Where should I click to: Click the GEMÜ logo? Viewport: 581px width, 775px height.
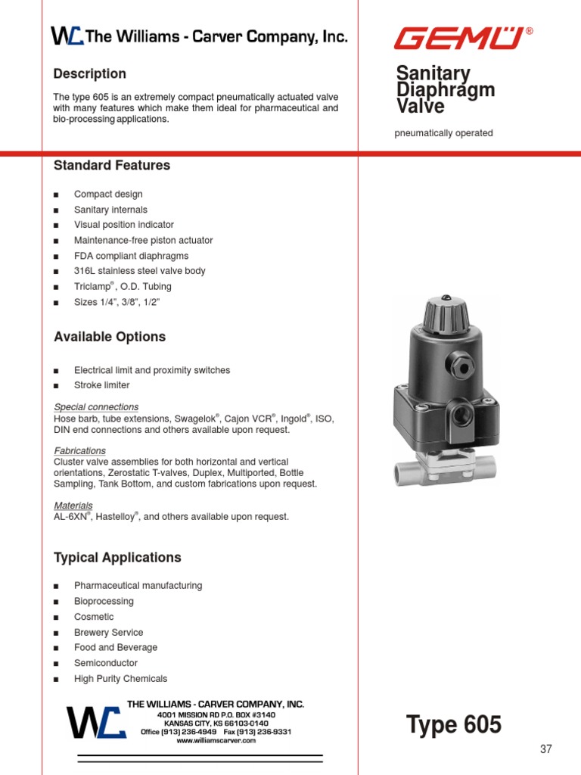pyautogui.click(x=458, y=37)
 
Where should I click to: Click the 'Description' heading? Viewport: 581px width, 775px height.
pyautogui.click(x=89, y=73)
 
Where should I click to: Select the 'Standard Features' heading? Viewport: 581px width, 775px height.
pyautogui.click(x=112, y=165)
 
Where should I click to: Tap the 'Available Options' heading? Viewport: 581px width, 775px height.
pyautogui.click(x=110, y=337)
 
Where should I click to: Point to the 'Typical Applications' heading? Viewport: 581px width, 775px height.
pyautogui.click(x=117, y=558)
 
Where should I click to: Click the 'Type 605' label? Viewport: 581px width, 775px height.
pyautogui.click(x=454, y=725)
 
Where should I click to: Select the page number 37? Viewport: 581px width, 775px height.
pyautogui.click(x=546, y=749)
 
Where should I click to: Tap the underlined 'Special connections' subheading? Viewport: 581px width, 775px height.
pyautogui.click(x=96, y=406)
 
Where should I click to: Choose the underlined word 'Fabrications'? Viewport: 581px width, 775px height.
pyautogui.click(x=79, y=450)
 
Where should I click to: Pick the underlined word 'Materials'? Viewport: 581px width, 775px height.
pyautogui.click(x=73, y=505)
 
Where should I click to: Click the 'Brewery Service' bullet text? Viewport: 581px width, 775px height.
pyautogui.click(x=108, y=632)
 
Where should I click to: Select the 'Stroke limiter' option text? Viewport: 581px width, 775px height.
pyautogui.click(x=101, y=385)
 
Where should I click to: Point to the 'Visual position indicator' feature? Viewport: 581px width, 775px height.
pyautogui.click(x=123, y=225)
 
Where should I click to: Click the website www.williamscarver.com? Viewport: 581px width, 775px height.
pyautogui.click(x=216, y=741)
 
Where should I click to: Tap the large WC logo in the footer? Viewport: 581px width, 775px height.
pyautogui.click(x=95, y=722)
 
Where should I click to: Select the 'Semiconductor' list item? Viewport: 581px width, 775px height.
pyautogui.click(x=105, y=663)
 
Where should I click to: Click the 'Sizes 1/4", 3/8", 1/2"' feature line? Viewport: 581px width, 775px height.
pyautogui.click(x=117, y=302)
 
